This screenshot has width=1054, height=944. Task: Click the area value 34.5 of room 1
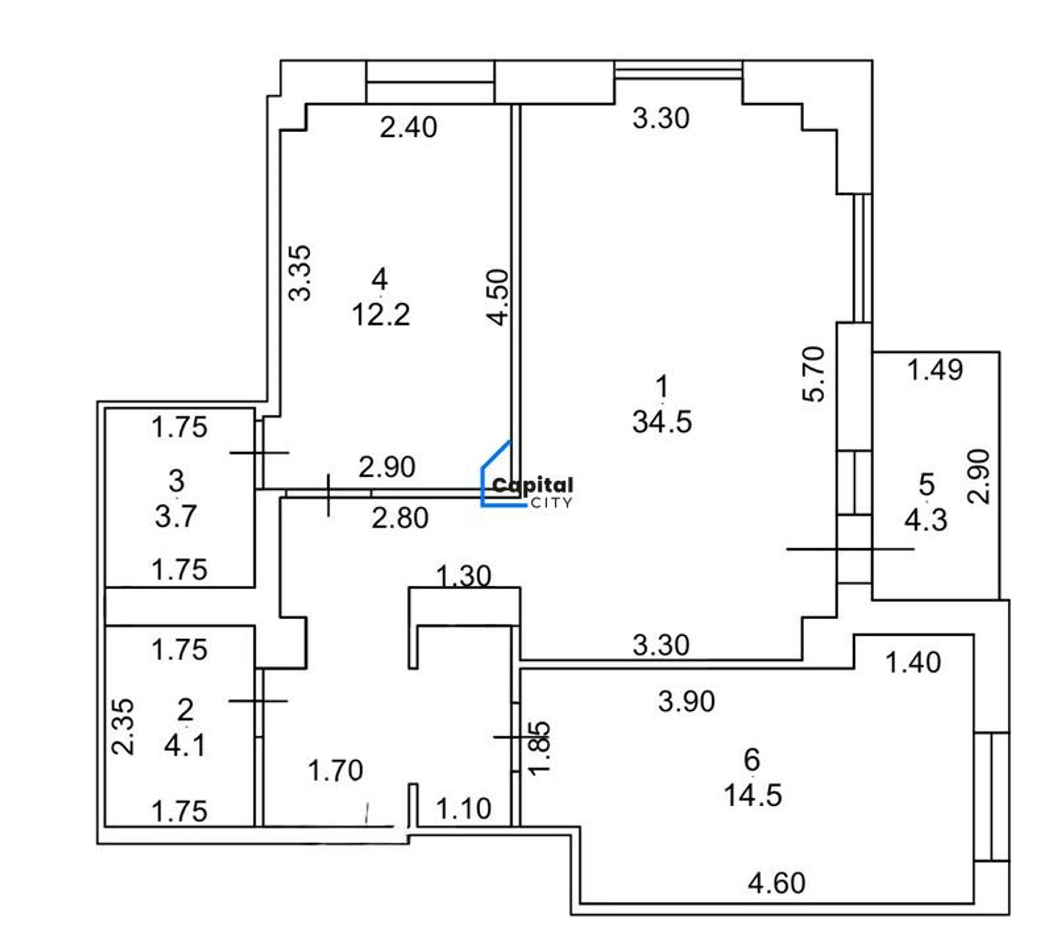[662, 422]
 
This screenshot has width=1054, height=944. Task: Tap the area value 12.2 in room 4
[381, 315]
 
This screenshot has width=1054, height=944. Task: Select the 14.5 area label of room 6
[753, 795]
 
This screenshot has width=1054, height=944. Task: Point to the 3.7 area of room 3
[176, 517]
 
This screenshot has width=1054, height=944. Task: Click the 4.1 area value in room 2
[185, 745]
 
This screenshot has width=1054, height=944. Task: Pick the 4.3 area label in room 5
[926, 520]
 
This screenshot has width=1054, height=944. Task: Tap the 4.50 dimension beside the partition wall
[498, 297]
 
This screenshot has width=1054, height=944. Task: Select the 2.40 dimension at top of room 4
[408, 127]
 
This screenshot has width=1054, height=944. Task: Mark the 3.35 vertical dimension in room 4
[300, 273]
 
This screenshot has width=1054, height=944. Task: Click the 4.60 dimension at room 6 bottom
[777, 883]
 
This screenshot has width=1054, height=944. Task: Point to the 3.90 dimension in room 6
[687, 702]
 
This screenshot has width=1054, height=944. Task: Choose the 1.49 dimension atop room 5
[935, 370]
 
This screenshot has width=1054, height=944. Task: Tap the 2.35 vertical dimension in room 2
[123, 726]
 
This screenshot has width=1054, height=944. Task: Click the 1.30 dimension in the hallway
[464, 576]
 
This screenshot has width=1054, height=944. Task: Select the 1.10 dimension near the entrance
[464, 809]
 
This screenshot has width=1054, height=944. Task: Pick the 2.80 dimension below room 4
[400, 518]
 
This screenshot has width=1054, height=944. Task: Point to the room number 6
[752, 760]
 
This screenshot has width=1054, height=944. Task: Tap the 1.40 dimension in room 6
[913, 663]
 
